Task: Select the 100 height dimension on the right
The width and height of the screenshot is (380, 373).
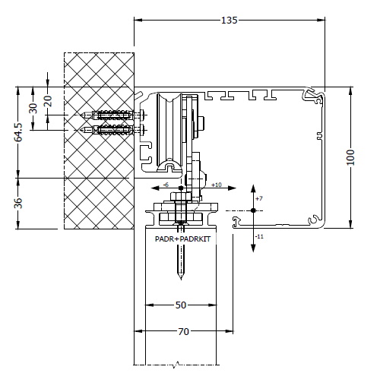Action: click(x=350, y=156)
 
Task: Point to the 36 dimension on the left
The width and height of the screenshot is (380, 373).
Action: click(x=18, y=203)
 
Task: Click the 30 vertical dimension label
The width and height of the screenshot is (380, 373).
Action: click(x=32, y=107)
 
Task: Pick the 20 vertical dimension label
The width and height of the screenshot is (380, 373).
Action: click(x=48, y=99)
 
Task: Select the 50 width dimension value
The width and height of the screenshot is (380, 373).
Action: click(x=180, y=305)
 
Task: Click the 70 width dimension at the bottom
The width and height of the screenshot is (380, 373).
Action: click(x=183, y=331)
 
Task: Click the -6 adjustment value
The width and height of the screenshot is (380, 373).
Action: click(x=166, y=185)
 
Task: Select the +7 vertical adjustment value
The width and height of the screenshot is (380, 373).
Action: click(x=259, y=198)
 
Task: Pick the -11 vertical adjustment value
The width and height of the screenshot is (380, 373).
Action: click(x=260, y=236)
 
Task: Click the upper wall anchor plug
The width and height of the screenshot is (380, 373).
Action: click(x=112, y=116)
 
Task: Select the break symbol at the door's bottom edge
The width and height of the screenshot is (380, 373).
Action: click(x=177, y=363)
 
